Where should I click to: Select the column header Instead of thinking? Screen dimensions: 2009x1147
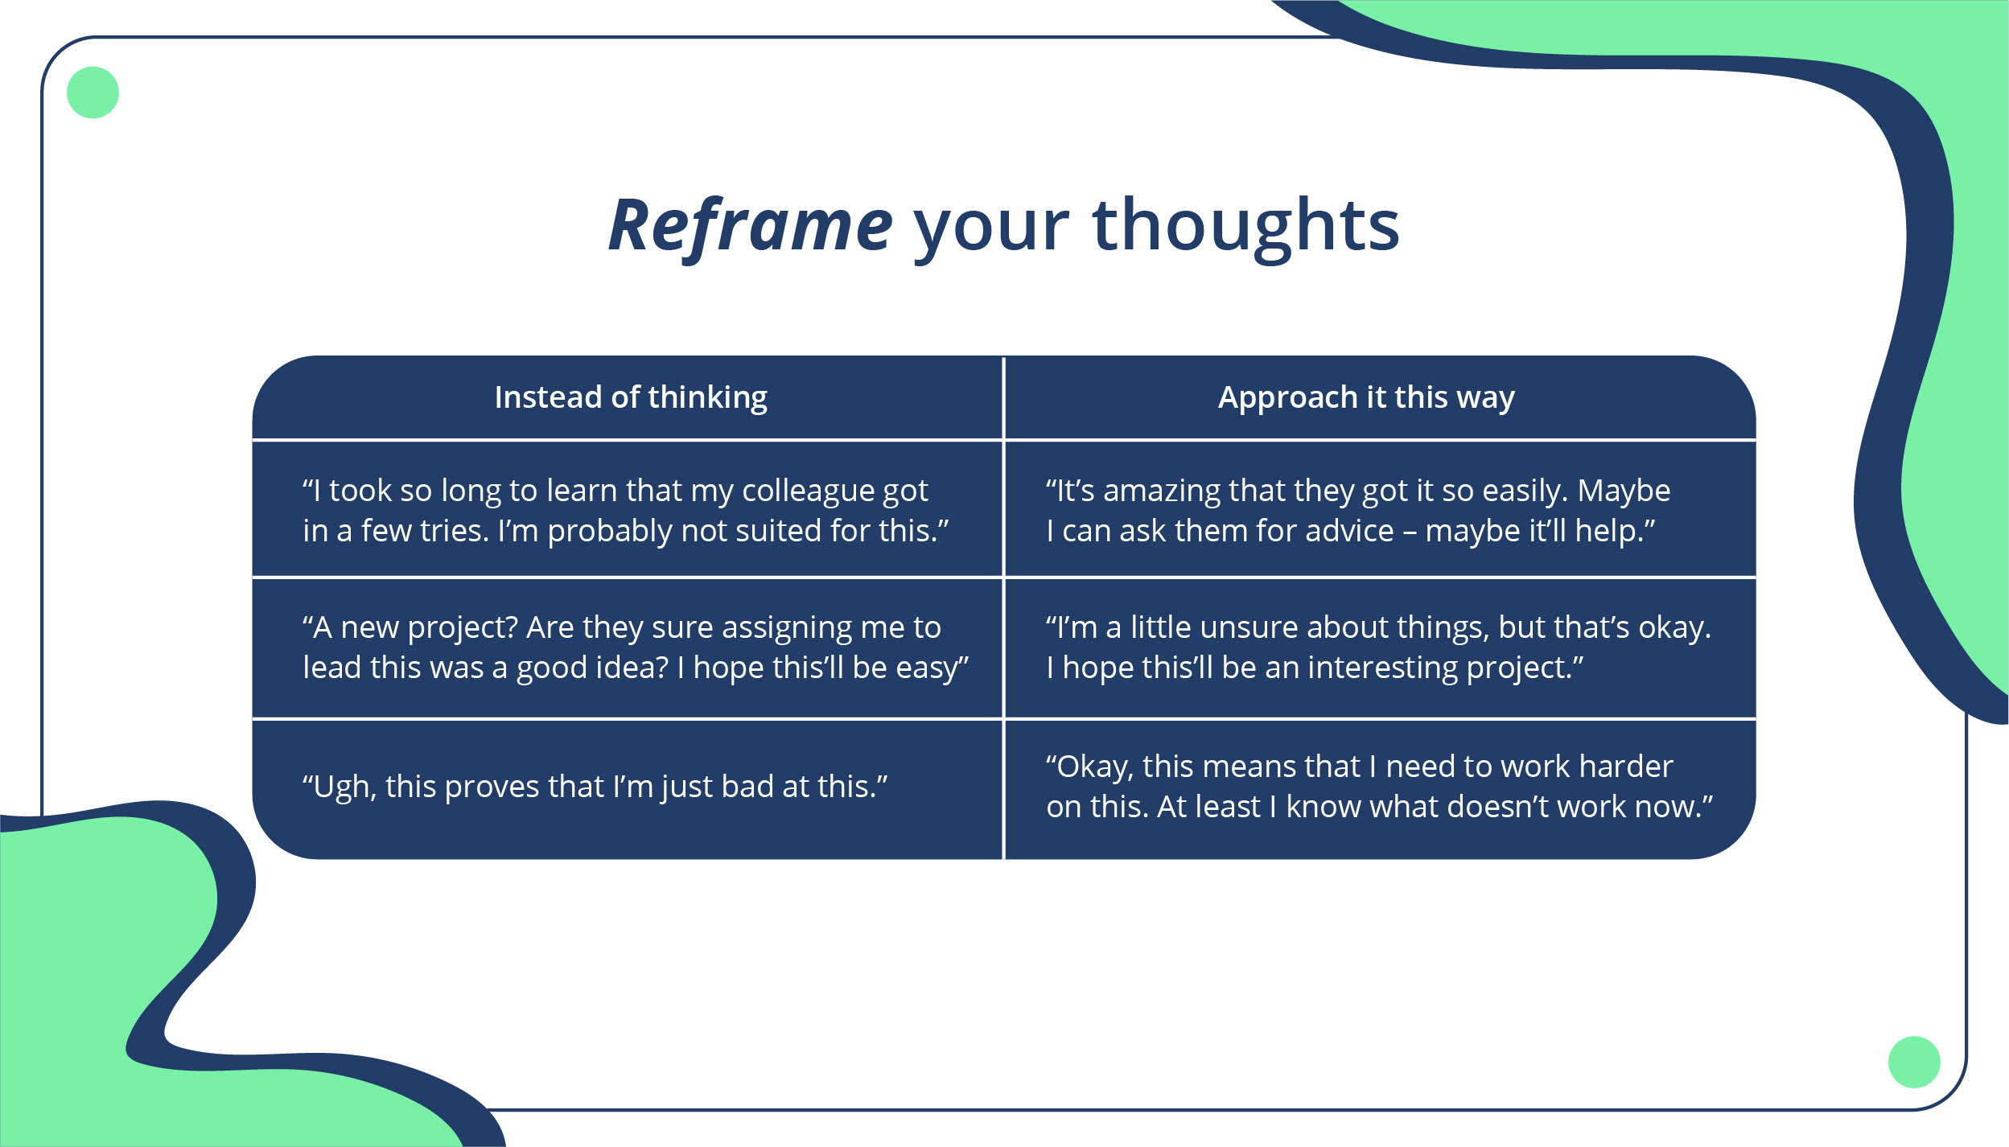(631, 397)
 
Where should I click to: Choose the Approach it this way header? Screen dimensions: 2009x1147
(1366, 397)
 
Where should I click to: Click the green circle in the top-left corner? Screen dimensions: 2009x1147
(93, 92)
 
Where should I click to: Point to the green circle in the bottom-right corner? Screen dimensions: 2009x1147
(1914, 1062)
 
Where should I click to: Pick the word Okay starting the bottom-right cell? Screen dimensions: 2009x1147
(1089, 767)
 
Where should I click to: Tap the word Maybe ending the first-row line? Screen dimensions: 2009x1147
(1624, 491)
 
